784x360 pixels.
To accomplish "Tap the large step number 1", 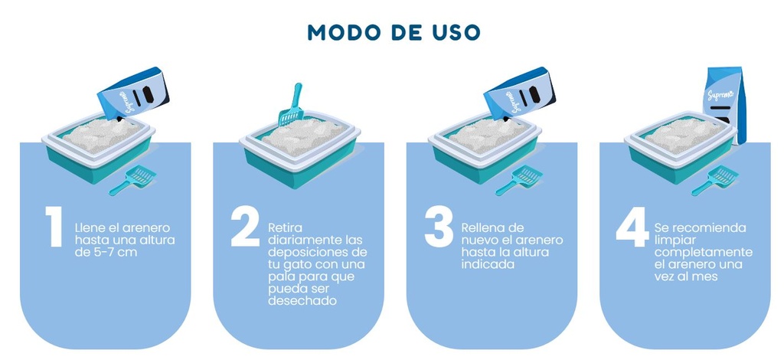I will click(x=53, y=227).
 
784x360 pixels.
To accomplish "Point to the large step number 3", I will click(x=439, y=227).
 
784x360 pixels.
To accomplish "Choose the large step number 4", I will click(x=632, y=227).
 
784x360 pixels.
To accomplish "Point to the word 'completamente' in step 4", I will click(x=704, y=252).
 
